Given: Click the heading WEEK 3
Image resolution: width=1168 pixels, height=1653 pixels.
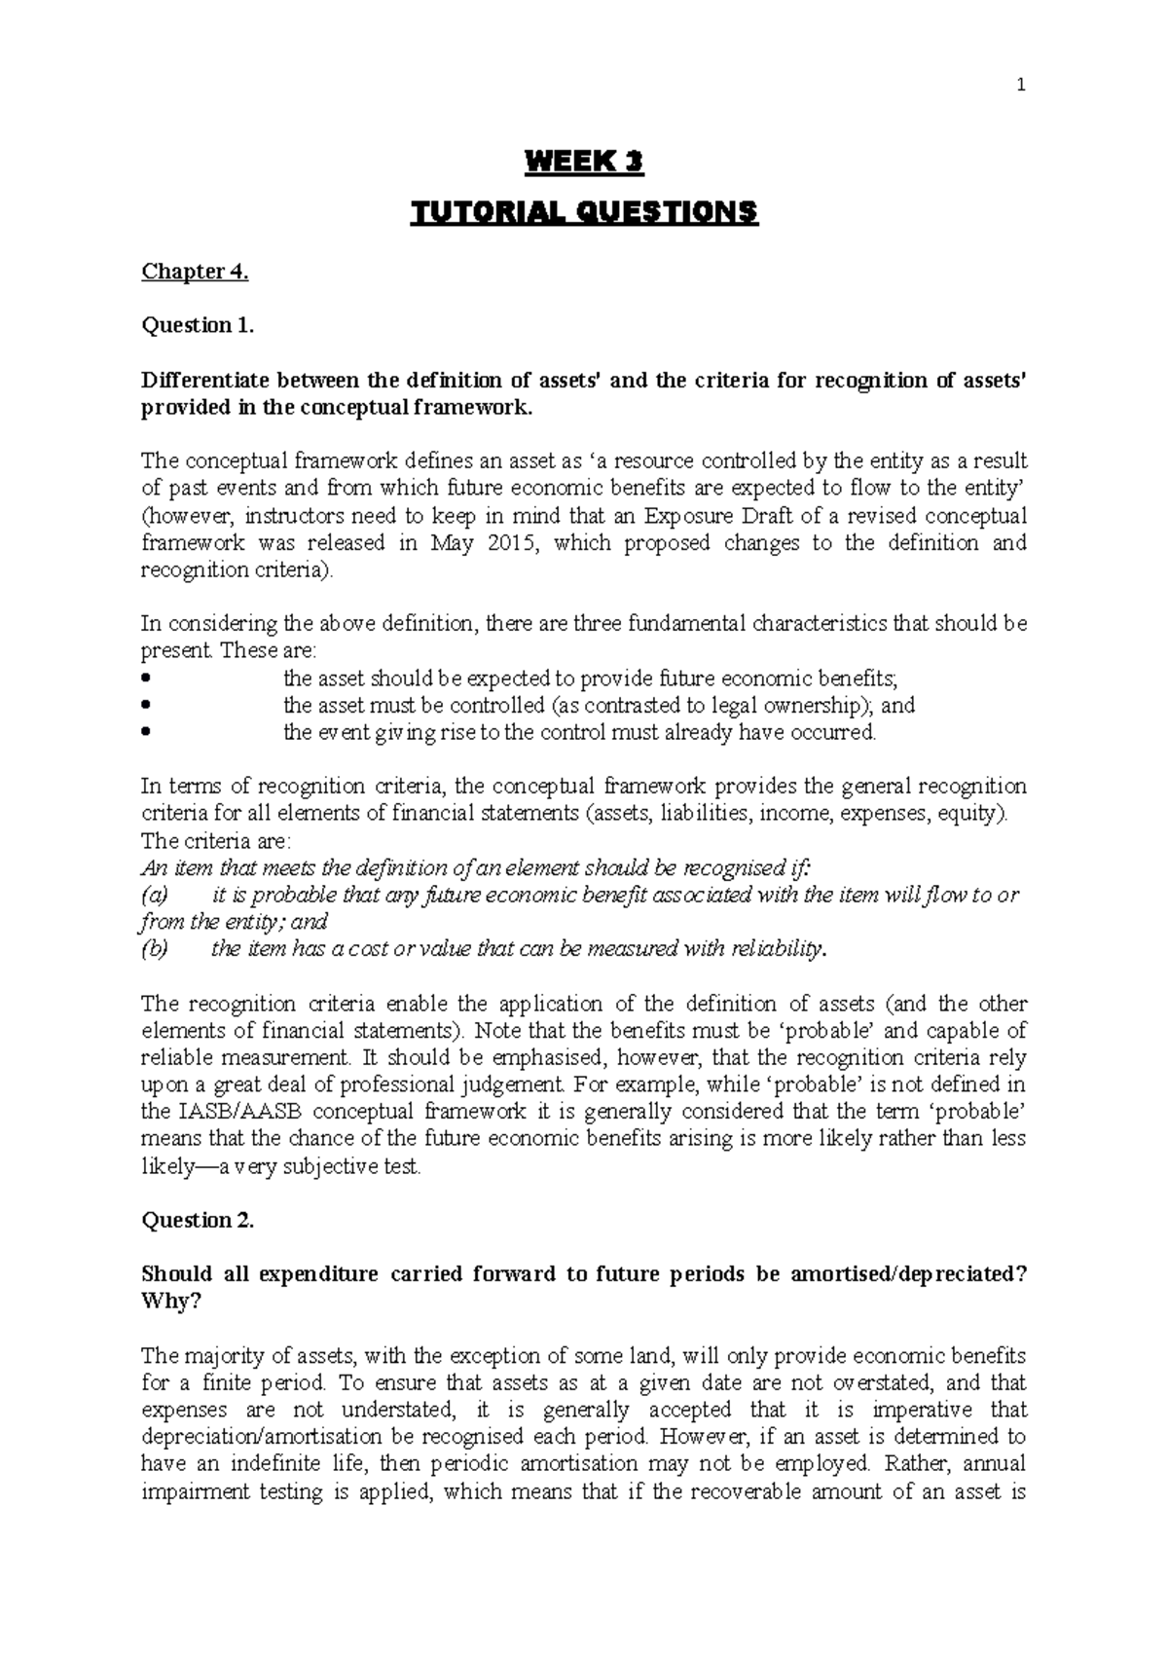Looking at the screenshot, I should [584, 163].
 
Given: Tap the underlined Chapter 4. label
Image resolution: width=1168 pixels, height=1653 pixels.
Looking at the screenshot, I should [195, 272].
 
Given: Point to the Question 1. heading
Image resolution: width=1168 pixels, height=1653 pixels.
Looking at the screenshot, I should [198, 325].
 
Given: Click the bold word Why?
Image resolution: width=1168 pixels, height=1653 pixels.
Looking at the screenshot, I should [170, 1302].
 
